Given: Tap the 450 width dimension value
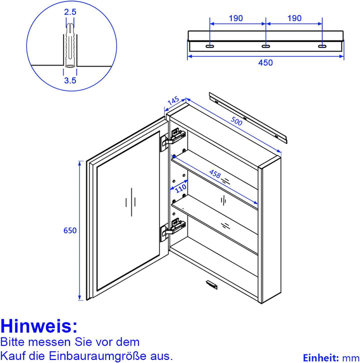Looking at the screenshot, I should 265,62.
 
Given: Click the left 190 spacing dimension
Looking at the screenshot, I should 236,18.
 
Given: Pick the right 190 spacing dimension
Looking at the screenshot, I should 294,18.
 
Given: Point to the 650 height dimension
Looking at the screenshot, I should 69,231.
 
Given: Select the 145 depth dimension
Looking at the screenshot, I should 172,101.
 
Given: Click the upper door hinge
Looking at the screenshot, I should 171,138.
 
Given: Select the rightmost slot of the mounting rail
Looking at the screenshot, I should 322,46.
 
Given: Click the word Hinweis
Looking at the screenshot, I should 39,326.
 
